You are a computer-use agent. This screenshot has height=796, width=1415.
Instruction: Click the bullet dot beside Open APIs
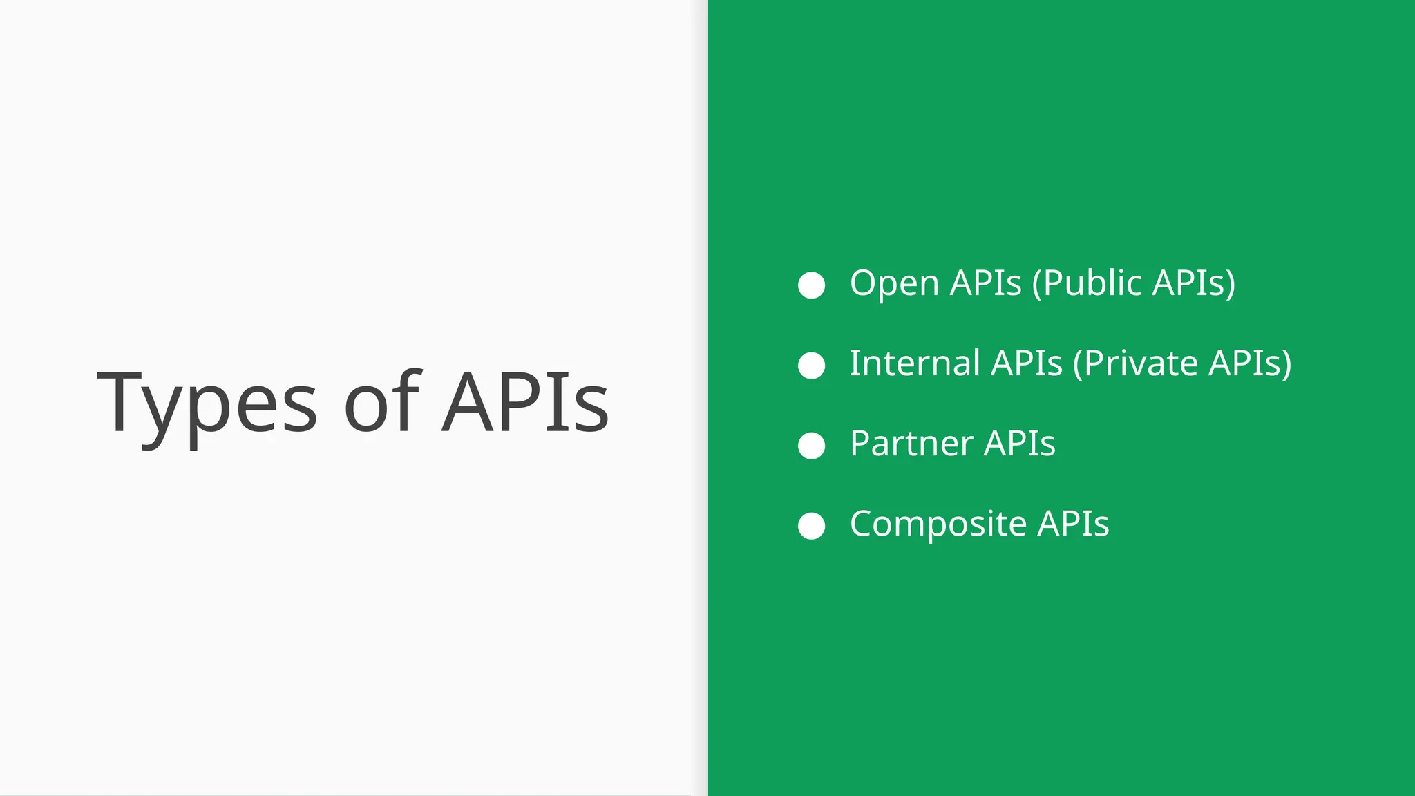(x=811, y=285)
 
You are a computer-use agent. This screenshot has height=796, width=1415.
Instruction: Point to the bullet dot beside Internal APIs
(x=811, y=365)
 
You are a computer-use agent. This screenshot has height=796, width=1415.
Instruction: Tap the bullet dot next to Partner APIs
(x=811, y=446)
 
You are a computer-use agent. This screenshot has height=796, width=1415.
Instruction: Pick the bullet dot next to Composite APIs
(x=811, y=526)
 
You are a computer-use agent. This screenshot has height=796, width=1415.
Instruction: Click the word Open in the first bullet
(x=894, y=283)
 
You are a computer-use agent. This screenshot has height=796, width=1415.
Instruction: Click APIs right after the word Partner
(x=1020, y=444)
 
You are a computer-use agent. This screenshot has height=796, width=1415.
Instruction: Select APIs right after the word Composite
(x=1073, y=524)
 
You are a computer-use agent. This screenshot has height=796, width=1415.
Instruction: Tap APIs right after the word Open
(x=986, y=283)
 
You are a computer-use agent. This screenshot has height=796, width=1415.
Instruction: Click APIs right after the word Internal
(x=1027, y=363)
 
